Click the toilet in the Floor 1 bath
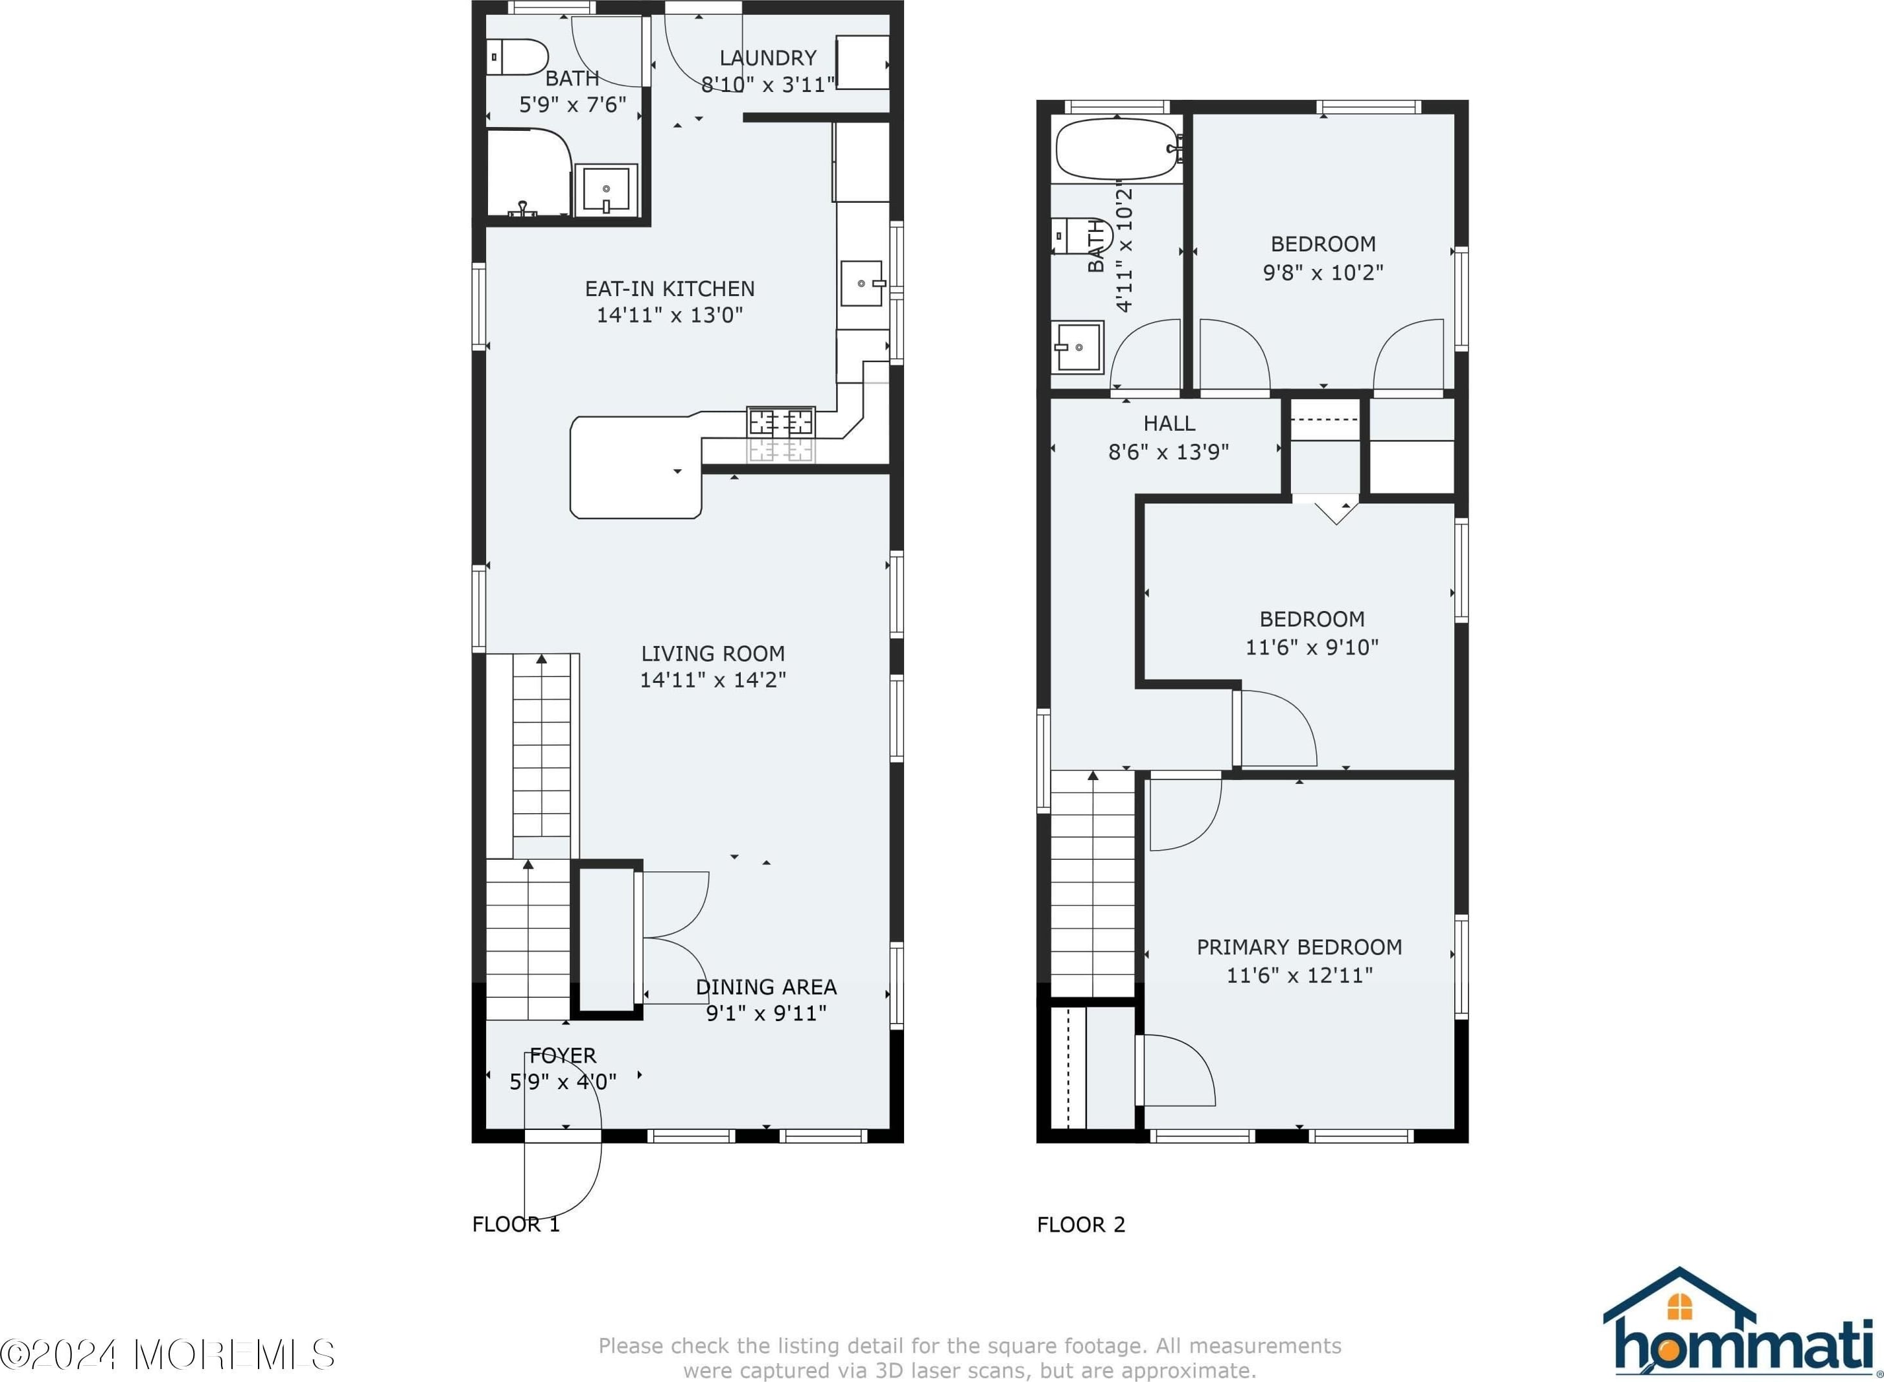point(517,58)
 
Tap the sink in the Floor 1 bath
point(606,190)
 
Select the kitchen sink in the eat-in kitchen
point(862,284)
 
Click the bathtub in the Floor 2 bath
point(1118,150)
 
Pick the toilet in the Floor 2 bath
point(1082,236)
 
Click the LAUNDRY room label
point(768,58)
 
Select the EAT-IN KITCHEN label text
point(670,288)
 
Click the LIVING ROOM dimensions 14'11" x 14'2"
point(713,680)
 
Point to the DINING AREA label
point(766,987)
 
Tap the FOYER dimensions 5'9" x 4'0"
point(563,1081)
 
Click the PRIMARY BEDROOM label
point(1299,947)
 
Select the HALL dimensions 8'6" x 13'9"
point(1169,452)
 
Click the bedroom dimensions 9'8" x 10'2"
point(1323,272)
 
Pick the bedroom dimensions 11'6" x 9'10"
point(1312,647)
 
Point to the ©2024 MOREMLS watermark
point(167,1353)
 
